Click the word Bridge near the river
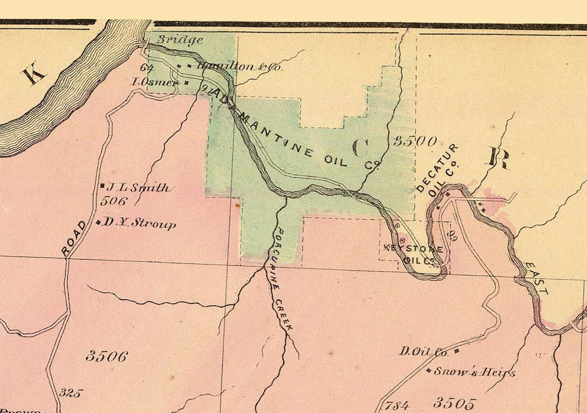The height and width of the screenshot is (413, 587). tap(179, 40)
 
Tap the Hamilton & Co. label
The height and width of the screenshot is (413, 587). tap(239, 67)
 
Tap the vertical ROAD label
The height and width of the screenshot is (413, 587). tap(74, 238)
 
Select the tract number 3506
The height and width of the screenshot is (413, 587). tap(107, 356)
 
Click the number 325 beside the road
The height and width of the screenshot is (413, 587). tap(70, 393)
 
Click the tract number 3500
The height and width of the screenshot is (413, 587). tap(415, 141)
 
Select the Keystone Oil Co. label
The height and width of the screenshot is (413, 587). tap(414, 254)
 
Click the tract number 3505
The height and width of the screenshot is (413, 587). tap(455, 403)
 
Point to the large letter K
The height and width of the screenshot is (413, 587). tap(33, 75)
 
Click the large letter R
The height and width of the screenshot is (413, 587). tap(498, 159)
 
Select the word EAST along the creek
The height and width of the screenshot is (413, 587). tap(537, 279)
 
